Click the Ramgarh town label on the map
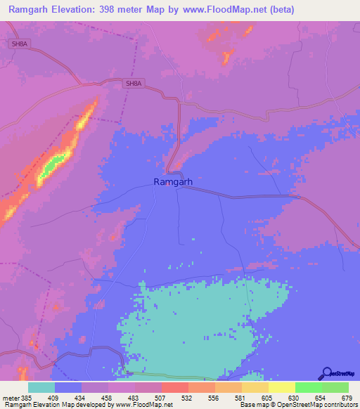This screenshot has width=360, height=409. tap(173, 181)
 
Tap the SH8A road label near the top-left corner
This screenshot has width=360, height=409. tap(20, 44)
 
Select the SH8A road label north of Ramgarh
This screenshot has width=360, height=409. tap(132, 84)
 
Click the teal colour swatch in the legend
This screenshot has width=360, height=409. tap(41, 387)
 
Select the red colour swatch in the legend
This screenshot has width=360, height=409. tap(174, 387)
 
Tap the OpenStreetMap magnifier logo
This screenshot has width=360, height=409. tap(326, 373)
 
